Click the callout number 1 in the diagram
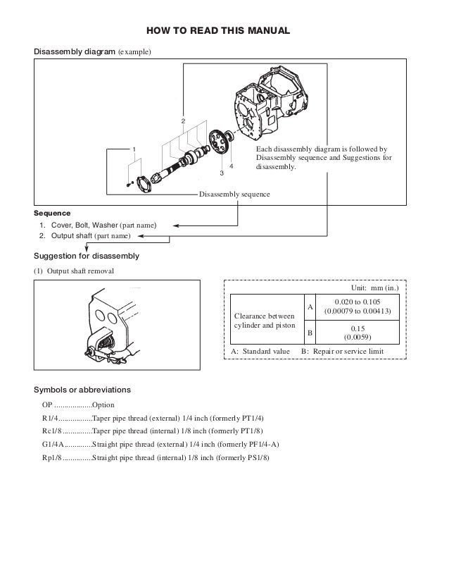(x=134, y=149)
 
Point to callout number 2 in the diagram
(x=183, y=121)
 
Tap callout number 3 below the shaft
(x=221, y=172)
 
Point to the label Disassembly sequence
(x=234, y=194)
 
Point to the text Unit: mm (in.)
(x=374, y=288)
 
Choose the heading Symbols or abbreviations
(x=82, y=390)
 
